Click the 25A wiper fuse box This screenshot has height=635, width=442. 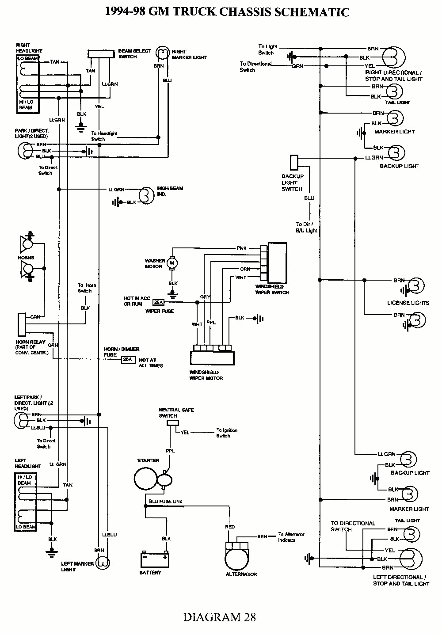click(157, 303)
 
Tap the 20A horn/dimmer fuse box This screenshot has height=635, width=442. click(127, 360)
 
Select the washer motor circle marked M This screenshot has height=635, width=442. click(173, 263)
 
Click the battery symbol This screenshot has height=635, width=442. click(154, 560)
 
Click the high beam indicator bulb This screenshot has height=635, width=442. click(145, 195)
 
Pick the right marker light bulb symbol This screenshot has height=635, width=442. click(164, 53)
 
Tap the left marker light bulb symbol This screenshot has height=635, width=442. click(103, 563)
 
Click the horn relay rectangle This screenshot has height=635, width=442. click(21, 324)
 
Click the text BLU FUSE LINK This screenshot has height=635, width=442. click(166, 502)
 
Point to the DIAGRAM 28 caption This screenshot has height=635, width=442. click(220, 617)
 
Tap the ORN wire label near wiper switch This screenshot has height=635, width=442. click(245, 269)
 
